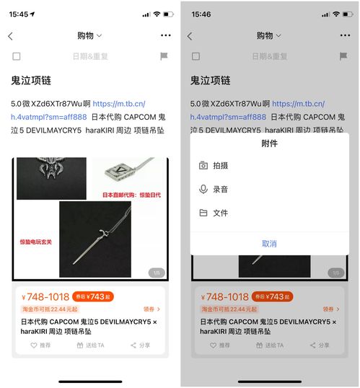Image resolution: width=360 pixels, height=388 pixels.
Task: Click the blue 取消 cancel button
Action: [x=269, y=244]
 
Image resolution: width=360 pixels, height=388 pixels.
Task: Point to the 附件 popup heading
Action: [x=269, y=144]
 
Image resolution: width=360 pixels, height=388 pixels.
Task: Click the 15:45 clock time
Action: [x=19, y=14]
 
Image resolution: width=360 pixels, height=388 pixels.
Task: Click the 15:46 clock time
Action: [x=201, y=14]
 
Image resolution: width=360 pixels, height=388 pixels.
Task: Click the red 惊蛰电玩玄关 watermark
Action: [x=35, y=241]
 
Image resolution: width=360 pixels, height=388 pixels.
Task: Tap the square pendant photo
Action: [x=128, y=172]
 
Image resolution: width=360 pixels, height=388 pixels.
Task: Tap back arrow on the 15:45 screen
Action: [x=10, y=35]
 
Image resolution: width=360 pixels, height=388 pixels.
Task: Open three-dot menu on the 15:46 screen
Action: [x=346, y=35]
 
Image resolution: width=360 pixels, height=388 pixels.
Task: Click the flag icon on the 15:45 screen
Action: [x=164, y=56]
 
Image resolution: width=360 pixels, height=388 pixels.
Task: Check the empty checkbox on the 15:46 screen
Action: [x=196, y=56]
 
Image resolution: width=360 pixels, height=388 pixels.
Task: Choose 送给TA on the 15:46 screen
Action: [x=271, y=345]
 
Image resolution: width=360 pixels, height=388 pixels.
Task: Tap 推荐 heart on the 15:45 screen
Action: [x=40, y=345]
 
